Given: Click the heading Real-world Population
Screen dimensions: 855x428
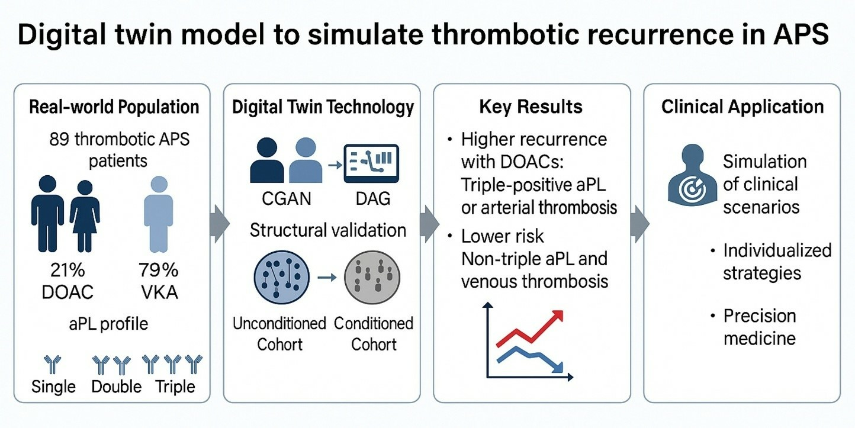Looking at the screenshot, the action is point(114,107).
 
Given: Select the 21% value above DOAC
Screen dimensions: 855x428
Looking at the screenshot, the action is point(67,270).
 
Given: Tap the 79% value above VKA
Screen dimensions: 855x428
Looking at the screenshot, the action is point(159,270).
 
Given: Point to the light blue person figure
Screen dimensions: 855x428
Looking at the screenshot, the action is point(159,214).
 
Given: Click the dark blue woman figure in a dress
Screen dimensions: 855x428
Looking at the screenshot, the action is point(85,216).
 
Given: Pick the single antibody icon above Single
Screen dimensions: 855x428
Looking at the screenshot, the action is point(52,365).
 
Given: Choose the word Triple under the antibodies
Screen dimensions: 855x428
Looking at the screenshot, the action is point(175,387).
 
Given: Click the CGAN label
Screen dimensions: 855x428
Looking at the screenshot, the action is point(286,199).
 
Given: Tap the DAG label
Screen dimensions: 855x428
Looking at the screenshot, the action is point(373,199).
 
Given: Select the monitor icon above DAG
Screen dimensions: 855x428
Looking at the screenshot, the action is point(371,163).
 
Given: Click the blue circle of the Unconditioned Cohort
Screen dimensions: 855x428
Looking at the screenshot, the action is point(282,277).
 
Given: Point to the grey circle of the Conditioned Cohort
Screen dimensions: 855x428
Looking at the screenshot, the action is point(372,277).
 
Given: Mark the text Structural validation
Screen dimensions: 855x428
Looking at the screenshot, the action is point(328,230).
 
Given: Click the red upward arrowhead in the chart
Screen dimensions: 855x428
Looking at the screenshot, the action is point(557,316).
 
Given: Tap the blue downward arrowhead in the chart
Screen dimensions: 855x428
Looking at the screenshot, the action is point(558,368).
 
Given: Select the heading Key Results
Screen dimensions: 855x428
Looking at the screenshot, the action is point(531,107).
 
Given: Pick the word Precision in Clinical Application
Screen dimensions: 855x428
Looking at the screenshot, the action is point(760,316).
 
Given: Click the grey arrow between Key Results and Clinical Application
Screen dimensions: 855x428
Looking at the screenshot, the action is point(639,224).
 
